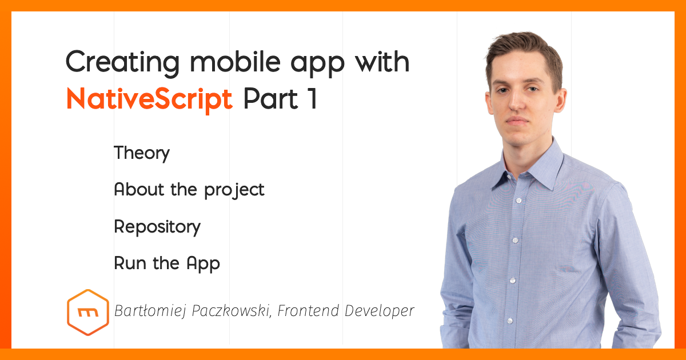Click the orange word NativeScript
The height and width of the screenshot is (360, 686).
149,99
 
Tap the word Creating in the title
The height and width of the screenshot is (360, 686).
122,63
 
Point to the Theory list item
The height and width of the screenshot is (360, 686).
142,153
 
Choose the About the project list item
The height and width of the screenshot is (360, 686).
189,190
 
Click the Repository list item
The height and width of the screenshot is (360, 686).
157,227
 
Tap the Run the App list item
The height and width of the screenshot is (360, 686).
167,263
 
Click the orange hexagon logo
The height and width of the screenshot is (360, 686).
88,313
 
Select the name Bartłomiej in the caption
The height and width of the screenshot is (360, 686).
150,311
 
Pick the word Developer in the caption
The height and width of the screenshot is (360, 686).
380,311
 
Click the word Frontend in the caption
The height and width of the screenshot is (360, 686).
308,310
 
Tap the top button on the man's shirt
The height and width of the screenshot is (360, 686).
519,201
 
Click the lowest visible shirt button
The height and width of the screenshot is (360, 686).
510,321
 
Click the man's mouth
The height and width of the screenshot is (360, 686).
517,119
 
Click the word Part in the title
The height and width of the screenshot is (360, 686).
271,98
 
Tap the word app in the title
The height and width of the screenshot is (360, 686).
317,65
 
